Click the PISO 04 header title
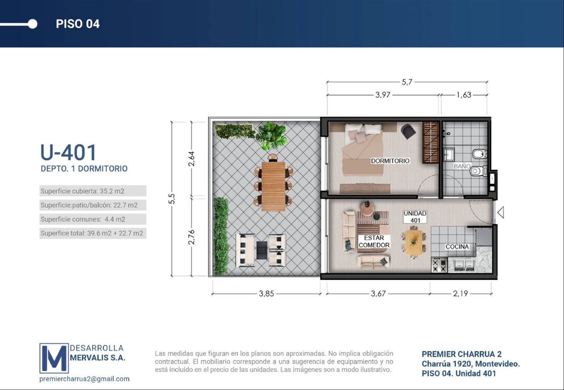click(x=78, y=24)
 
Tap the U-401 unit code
click(x=68, y=152)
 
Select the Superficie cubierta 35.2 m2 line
click(x=83, y=191)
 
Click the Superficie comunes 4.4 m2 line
click(x=83, y=219)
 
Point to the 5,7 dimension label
click(x=407, y=82)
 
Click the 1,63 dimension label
click(x=464, y=95)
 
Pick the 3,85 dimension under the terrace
click(x=267, y=293)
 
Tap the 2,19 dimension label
click(x=461, y=293)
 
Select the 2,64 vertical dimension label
click(x=192, y=159)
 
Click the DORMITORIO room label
click(x=390, y=161)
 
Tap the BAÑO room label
click(x=462, y=166)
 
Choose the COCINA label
click(x=457, y=247)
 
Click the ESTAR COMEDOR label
click(x=374, y=241)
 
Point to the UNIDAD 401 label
click(x=415, y=217)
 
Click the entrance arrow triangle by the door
click(x=501, y=212)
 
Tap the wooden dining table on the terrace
click(x=273, y=186)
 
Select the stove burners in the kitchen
click(x=439, y=265)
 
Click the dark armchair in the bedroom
click(x=408, y=131)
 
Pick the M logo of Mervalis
click(x=54, y=358)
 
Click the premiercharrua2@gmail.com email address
click(x=84, y=379)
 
